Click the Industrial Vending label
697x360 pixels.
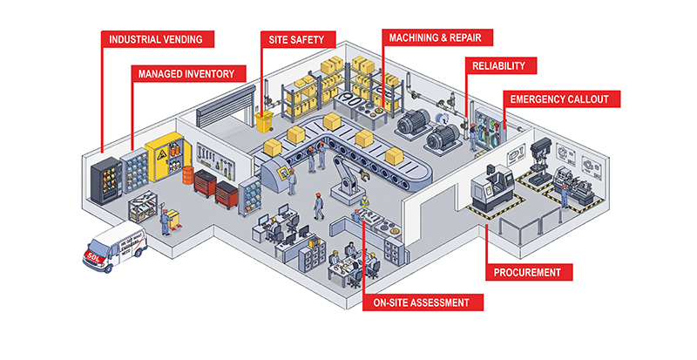coord(156,38)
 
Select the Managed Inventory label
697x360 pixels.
coord(186,74)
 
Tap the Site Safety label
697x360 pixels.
coord(295,38)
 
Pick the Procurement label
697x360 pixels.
coord(528,272)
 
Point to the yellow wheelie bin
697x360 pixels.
coord(265,121)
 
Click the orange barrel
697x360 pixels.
coord(186,176)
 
